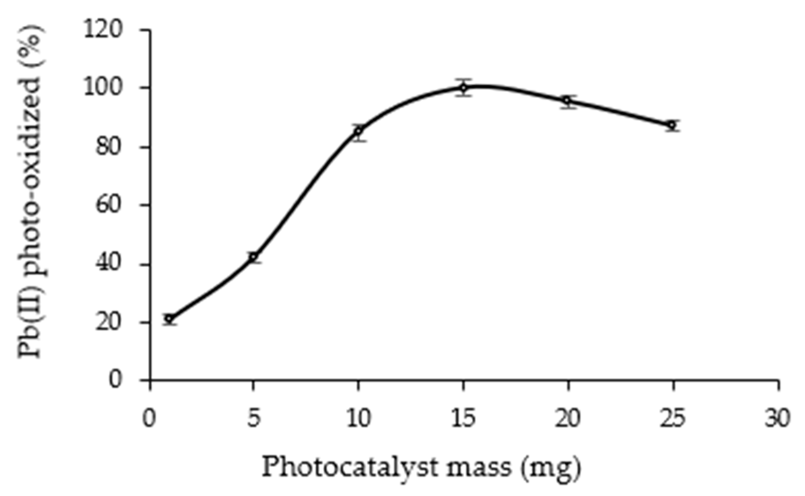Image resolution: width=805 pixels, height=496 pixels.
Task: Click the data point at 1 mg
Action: [x=170, y=319]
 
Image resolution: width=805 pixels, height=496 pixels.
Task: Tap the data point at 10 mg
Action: [x=358, y=131]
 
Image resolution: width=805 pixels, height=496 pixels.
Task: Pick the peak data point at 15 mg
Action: [x=463, y=88]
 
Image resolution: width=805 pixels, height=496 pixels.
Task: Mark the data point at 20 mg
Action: [x=568, y=101]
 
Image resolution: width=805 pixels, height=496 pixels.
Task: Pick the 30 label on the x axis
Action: [x=778, y=419]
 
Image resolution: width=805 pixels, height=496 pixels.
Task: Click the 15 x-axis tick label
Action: [x=463, y=419]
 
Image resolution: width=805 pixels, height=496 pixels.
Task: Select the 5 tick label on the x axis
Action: [x=253, y=419]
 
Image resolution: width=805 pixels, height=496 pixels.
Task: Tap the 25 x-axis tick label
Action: [x=673, y=419]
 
